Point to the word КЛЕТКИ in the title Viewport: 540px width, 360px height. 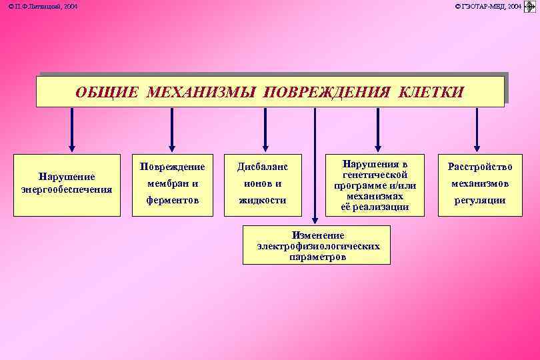430,92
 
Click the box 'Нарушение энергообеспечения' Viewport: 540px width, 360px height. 67,183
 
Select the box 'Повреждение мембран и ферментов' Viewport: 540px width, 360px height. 172,183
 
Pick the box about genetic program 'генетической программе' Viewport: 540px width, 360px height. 375,185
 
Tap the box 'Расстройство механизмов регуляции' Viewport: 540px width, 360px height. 479,183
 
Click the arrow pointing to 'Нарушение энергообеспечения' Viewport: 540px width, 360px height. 72,130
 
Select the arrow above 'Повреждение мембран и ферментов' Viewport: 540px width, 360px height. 172,130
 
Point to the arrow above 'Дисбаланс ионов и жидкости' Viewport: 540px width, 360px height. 265,130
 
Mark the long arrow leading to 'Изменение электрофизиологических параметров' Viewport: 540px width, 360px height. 315,167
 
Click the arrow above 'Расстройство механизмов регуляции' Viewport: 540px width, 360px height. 476,130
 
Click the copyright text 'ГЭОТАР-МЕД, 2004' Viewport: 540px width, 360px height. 488,6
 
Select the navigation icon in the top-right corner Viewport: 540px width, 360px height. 531,6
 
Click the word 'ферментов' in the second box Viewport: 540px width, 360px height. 172,200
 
